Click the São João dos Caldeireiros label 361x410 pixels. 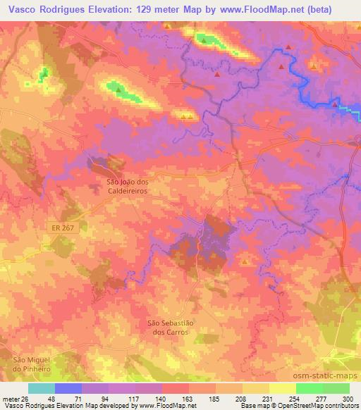(x=127, y=186)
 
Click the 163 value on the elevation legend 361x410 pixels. (x=188, y=398)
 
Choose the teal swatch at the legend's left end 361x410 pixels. (x=42, y=388)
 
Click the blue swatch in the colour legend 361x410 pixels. (x=68, y=388)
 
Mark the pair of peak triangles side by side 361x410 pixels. (x=187, y=116)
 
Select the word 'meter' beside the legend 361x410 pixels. (x=10, y=398)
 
